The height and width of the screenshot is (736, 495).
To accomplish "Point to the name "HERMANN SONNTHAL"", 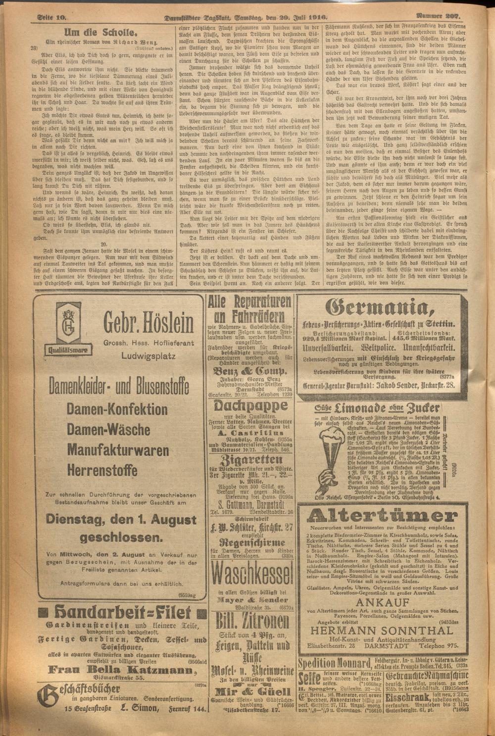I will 381,631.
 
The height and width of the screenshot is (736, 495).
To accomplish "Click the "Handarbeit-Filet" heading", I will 122,614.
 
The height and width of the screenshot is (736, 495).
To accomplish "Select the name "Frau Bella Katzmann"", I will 120,670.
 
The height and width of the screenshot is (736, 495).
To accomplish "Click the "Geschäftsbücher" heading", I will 79,690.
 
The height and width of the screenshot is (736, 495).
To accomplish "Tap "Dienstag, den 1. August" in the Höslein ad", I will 120,520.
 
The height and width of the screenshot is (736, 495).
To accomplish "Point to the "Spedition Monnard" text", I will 335,663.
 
